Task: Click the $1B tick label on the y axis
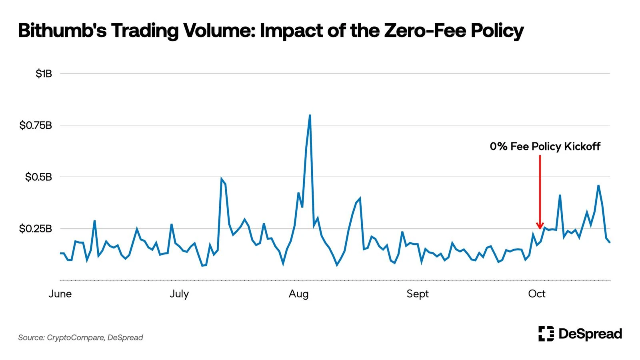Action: pyautogui.click(x=44, y=74)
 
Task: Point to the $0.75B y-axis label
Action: pyautogui.click(x=36, y=126)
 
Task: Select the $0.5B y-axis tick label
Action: pyautogui.click(x=38, y=177)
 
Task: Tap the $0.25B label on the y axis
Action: pyautogui.click(x=36, y=229)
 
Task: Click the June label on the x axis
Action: pyautogui.click(x=60, y=294)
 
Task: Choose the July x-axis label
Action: pyautogui.click(x=179, y=294)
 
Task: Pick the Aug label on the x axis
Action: pyautogui.click(x=298, y=294)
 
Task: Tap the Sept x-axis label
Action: pyautogui.click(x=417, y=294)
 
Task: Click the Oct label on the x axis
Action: pyautogui.click(x=536, y=294)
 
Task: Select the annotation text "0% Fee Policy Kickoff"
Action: pyautogui.click(x=545, y=146)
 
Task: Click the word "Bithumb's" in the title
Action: pyautogui.click(x=62, y=30)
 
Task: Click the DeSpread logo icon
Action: pyautogui.click(x=546, y=334)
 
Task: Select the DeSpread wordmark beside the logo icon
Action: pyautogui.click(x=590, y=334)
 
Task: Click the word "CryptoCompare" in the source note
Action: pyautogui.click(x=75, y=338)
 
